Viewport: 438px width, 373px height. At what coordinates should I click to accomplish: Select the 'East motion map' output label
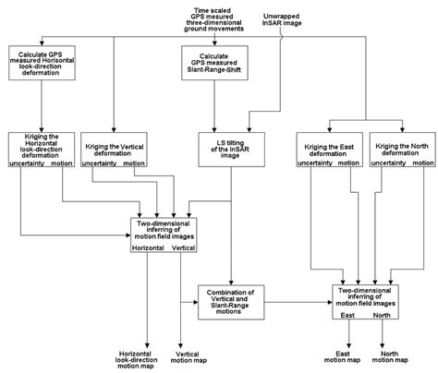(x=345, y=356)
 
